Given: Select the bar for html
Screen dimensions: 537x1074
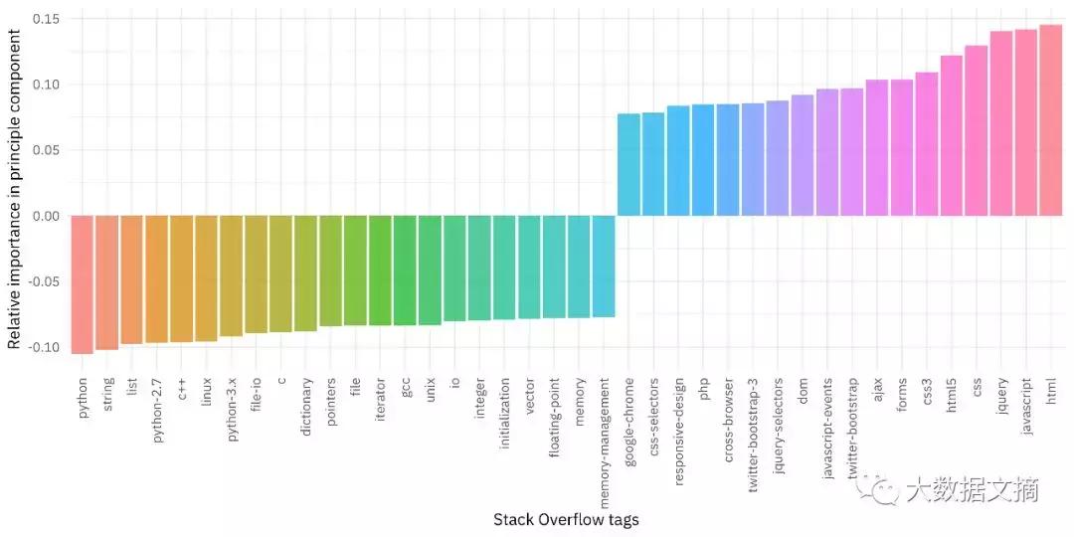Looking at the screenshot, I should tap(1051, 120).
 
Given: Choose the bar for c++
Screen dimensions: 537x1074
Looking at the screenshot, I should tap(182, 278).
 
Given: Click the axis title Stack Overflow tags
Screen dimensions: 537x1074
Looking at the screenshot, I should tap(566, 520).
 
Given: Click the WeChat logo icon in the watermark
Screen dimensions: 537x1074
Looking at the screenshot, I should tap(881, 487).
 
